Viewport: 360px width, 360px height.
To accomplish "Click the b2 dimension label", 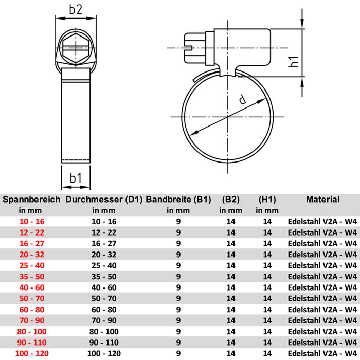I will (76, 9).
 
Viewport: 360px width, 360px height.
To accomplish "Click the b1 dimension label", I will (76, 178).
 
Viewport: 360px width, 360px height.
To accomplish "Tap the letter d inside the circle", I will (242, 100).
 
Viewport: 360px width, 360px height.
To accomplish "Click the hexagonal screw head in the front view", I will (76, 47).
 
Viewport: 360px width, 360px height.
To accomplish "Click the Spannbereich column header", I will (32, 200).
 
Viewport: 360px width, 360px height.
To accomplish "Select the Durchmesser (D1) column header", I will (104, 200).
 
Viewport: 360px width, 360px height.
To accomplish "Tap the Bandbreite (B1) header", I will (178, 200).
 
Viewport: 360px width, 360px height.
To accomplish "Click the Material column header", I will (322, 199).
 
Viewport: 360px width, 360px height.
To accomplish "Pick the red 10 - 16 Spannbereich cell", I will (32, 221).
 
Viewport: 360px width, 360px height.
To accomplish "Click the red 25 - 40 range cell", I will (32, 265).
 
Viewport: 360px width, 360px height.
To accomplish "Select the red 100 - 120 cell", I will (32, 354).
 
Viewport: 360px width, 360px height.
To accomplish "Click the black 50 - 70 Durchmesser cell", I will (104, 298).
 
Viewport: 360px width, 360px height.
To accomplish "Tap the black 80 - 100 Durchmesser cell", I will (104, 332).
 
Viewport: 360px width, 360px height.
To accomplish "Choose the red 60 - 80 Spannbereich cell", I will (32, 310).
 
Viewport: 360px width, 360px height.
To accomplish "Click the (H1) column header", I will (267, 200).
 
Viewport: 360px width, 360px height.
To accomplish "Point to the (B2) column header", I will (230, 200).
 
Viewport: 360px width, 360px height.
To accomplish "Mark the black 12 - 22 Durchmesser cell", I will (104, 232).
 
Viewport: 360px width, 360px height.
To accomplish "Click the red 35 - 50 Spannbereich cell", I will (32, 277).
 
